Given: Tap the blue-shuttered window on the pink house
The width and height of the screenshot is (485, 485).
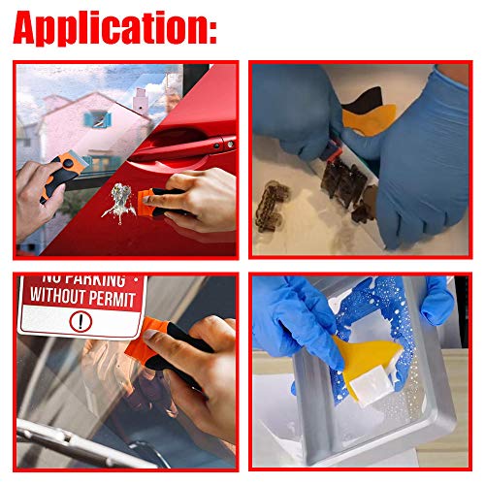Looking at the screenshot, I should coord(97,117).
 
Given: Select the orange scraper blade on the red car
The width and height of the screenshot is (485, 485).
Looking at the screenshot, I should coord(153,200).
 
